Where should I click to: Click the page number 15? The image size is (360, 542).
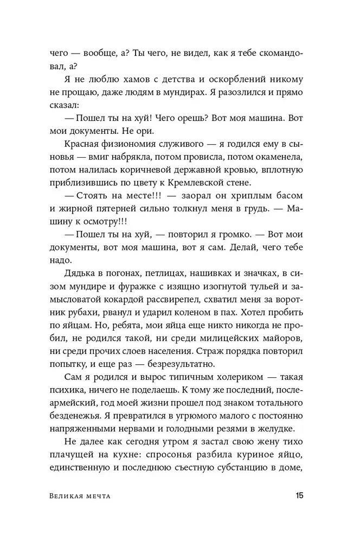[x=300, y=496]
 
